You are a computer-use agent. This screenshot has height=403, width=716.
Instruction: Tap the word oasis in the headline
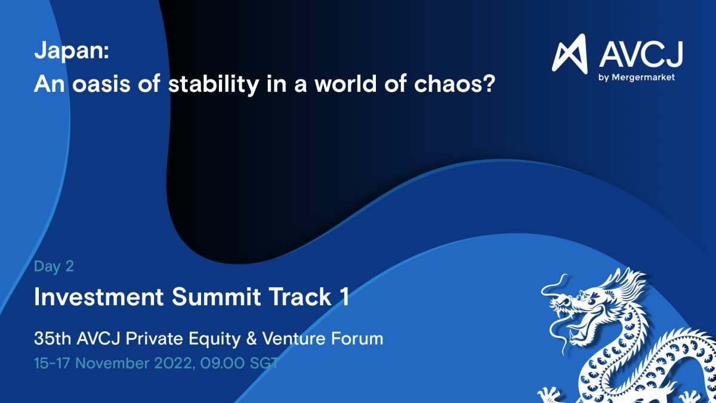pos(101,84)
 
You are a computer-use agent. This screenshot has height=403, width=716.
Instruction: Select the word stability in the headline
pos(213,84)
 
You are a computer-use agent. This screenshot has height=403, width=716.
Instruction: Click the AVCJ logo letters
pos(641,54)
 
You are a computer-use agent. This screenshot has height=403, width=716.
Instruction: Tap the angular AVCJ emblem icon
pos(570,53)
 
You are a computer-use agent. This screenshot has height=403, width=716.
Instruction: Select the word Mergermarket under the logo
pos(643,77)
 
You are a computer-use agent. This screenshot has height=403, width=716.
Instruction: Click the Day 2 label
pos(54,266)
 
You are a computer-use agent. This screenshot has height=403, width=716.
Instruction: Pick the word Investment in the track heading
pos(99,297)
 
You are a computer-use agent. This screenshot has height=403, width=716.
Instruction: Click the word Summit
pos(216,297)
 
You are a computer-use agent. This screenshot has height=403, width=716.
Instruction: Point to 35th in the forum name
pos(53,339)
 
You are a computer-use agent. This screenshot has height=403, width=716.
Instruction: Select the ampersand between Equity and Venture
pos(252,339)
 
